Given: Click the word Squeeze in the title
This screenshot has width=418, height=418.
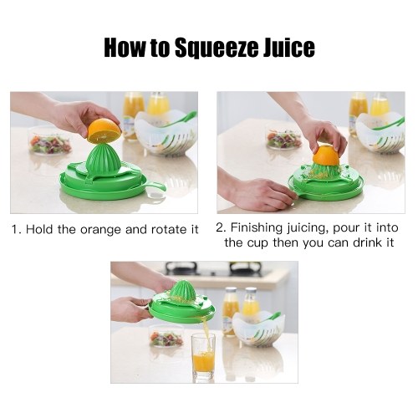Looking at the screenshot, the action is pos(216,48).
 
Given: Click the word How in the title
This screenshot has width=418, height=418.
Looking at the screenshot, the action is pos(125,48).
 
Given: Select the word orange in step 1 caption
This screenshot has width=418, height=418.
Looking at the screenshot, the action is pos(101,230).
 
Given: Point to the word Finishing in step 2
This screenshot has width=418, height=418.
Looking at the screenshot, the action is pos(257,228).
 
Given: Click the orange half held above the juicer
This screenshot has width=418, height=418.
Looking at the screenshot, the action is pos(104,130).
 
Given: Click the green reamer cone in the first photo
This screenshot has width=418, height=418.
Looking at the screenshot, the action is pos(103,160).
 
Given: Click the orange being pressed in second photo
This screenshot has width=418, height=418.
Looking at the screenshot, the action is pos(326,155).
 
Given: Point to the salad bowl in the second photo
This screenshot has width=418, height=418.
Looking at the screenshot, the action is pos(284,137).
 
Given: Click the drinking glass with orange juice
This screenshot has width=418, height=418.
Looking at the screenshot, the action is pos(203,356).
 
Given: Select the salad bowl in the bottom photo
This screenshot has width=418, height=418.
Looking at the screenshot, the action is pos(166,336).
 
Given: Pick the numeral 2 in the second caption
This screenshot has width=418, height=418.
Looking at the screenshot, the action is pos(220,228).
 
